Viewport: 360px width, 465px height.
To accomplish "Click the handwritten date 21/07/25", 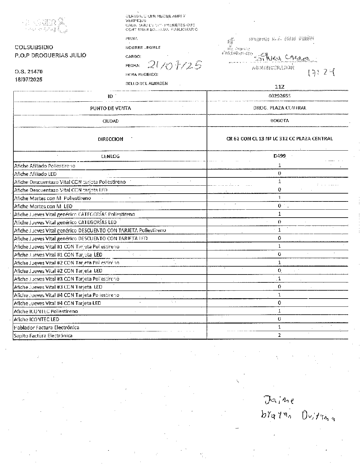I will coord(175,65).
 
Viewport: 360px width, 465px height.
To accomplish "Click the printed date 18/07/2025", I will coord(29,79).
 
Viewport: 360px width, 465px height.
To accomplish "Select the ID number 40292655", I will coord(279,96).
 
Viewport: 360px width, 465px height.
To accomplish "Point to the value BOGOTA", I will coord(279,121).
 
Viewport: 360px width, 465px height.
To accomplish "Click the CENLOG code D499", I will coord(279,156).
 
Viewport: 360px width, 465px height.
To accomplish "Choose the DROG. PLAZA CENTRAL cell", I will coord(279,108).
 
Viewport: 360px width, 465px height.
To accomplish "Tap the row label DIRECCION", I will coord(110,139).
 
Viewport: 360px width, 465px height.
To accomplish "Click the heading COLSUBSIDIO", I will coord(34,47).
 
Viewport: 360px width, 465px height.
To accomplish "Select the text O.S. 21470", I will coord(29,72).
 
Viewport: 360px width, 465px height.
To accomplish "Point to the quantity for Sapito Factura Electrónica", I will coord(279,335).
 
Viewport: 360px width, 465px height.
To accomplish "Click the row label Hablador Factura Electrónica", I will coord(47,327).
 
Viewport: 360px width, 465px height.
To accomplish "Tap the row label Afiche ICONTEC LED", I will coord(37,319).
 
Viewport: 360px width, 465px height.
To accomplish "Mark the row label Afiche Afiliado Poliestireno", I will coord(45,166).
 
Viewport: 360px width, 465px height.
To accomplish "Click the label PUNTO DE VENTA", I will coord(110,108).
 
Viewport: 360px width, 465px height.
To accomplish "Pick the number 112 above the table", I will coord(279,87).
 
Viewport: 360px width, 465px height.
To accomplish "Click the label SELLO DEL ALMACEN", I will coord(146,83).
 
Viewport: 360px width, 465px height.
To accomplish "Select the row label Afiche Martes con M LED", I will coord(43,206).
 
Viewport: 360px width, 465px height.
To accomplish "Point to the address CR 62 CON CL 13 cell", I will coord(279,139).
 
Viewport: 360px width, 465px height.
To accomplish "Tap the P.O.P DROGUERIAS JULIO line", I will coord(50,55).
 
